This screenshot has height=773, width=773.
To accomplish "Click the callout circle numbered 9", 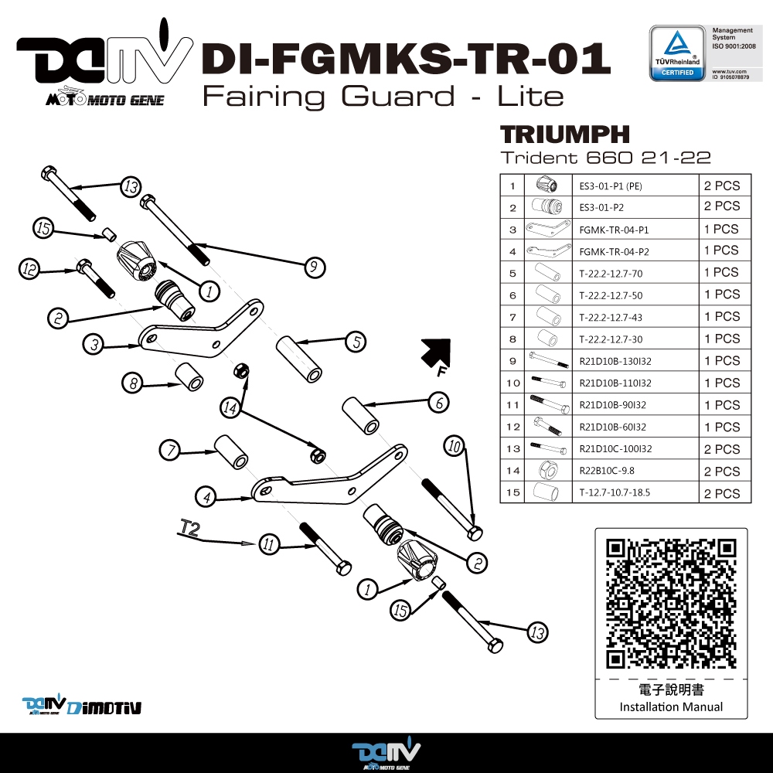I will (x=313, y=267).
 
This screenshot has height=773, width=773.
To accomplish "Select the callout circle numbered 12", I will (x=30, y=269).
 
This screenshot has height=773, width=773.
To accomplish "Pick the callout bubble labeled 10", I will (x=455, y=445).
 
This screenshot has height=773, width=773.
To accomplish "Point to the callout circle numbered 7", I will (x=170, y=449).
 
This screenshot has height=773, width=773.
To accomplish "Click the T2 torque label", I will (x=189, y=528).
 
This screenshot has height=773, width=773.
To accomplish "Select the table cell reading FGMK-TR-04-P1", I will (x=614, y=230).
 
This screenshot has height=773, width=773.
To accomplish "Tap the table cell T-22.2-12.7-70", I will (x=610, y=273).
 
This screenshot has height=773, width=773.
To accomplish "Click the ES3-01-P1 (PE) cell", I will (x=611, y=186).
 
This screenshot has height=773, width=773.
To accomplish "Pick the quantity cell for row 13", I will (x=720, y=449).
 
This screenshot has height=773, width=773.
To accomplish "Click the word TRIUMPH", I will (x=564, y=134).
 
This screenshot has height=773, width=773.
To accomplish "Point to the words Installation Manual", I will (x=671, y=707).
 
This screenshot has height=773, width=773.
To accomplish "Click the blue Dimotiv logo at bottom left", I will (x=81, y=705).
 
